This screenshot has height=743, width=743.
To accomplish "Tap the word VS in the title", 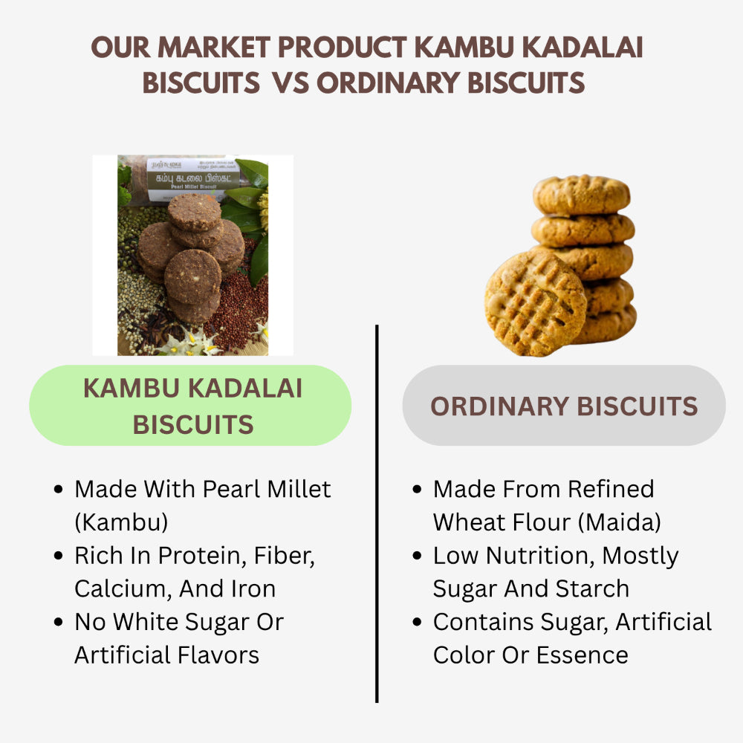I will (291, 83).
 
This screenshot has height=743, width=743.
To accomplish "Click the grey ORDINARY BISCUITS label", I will (564, 406).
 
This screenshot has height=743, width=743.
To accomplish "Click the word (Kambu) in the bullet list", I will (121, 522).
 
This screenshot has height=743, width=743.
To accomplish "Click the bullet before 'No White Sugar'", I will (59, 623).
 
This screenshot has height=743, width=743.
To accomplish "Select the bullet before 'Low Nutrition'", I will (418, 557).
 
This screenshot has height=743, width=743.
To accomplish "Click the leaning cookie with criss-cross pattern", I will (535, 302).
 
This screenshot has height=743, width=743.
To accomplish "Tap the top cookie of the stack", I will (581, 195).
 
